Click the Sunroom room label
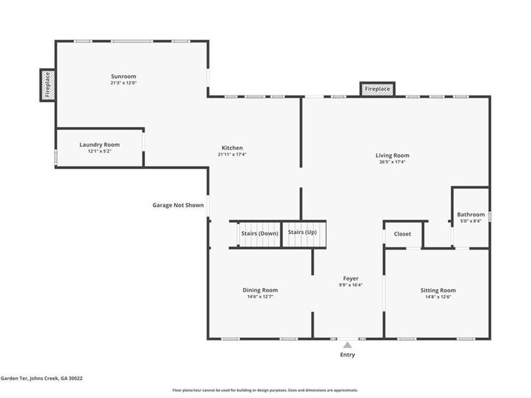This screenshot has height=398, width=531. click(124, 77)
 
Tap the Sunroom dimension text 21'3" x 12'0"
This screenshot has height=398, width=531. click(124, 83)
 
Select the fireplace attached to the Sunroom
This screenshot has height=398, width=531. click(47, 85)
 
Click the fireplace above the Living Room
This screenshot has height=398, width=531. click(377, 89)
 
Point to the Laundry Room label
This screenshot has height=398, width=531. click(100, 145)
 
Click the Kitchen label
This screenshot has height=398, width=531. click(232, 148)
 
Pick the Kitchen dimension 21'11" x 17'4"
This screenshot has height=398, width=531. click(232, 154)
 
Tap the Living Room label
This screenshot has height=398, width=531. click(392, 155)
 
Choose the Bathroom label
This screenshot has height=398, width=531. click(471, 215)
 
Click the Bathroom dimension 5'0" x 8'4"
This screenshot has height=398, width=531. click(471, 221)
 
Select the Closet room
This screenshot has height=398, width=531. click(402, 234)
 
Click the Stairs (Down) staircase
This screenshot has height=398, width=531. click(260, 234)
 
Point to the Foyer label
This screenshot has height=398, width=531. click(351, 278)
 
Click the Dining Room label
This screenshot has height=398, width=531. click(260, 290)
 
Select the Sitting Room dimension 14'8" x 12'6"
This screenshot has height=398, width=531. click(438, 297)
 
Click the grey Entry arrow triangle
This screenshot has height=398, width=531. click(348, 345)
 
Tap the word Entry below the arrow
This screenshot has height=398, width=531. click(348, 355)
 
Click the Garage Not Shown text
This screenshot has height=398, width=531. click(178, 205)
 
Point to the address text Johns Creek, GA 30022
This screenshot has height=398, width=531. click(56, 379)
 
